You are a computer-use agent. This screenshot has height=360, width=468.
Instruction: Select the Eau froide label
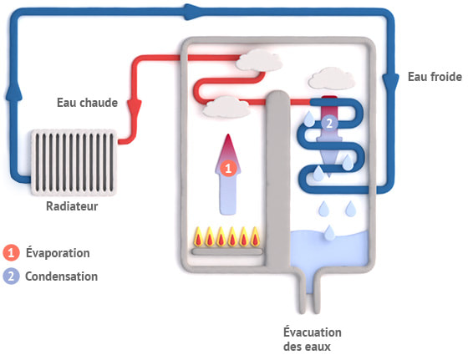click(x=432, y=77)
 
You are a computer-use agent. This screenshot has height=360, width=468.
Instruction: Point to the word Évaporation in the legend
click(x=57, y=252)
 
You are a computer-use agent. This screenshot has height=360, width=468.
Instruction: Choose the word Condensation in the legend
click(x=60, y=276)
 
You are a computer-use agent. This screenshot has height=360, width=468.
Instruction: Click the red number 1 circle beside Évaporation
click(x=11, y=252)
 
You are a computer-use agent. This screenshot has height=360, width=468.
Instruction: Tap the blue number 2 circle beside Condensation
click(x=11, y=276)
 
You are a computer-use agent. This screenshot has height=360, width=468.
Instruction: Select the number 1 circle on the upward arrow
click(x=230, y=168)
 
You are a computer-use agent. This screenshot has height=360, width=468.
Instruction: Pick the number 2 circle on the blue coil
click(x=328, y=123)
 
